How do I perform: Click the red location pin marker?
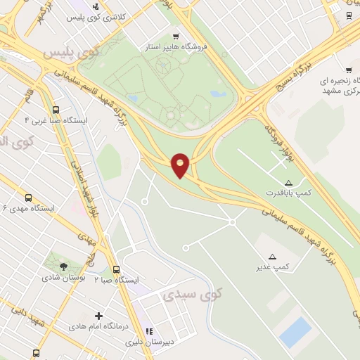point(181,165)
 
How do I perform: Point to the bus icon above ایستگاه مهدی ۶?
point(28,198)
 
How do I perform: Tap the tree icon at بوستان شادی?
point(63,266)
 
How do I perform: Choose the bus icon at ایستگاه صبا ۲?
point(116,269)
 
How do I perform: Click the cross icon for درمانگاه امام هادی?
point(98,316)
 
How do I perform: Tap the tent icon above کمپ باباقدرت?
point(288,181)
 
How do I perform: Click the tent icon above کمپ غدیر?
point(273,257)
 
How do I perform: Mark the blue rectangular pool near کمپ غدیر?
point(295,332)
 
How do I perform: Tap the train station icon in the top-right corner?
point(349,15)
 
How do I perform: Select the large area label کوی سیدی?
point(192,294)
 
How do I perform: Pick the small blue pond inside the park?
point(219,93)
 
